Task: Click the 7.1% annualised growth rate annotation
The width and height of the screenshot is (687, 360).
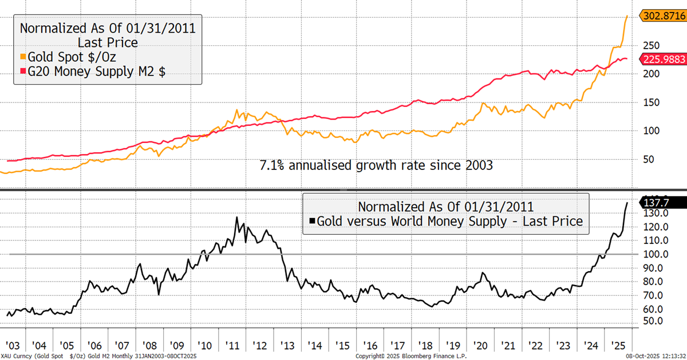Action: (x=376, y=165)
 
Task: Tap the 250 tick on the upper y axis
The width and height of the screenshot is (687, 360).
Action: (x=645, y=46)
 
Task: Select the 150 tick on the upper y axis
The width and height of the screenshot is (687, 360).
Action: (x=645, y=102)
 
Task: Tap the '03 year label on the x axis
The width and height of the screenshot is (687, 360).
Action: (x=13, y=346)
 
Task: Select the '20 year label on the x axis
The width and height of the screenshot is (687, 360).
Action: (x=480, y=346)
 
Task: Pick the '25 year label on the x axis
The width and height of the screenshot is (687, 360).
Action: (x=617, y=346)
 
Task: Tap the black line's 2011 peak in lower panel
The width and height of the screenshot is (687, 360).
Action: (x=236, y=217)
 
